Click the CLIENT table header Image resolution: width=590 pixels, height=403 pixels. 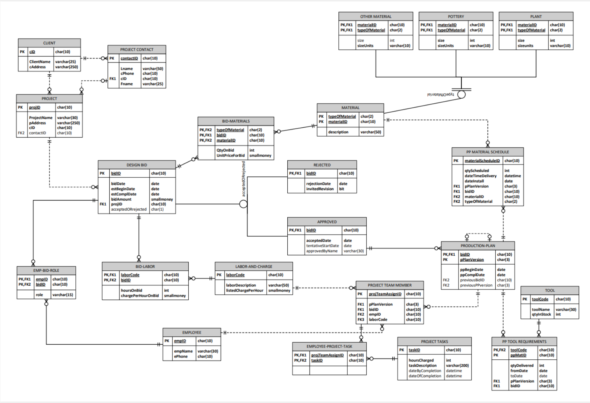click(49, 43)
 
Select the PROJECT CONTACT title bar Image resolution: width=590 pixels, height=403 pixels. click(137, 49)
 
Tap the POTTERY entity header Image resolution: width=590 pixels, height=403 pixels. click(456, 16)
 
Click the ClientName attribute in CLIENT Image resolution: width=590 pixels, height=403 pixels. click(40, 62)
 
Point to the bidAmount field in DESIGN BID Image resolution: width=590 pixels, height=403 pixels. click(121, 199)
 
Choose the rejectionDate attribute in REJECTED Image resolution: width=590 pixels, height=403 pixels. click(318, 184)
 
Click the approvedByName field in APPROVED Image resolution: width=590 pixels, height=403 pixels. click(322, 251)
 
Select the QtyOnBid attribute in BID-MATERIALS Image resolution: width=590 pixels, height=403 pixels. click(225, 150)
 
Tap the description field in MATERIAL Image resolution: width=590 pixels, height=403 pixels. click(338, 132)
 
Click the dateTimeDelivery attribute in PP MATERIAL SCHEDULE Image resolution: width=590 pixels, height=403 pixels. click(480, 176)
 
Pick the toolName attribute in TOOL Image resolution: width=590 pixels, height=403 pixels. click(541, 310)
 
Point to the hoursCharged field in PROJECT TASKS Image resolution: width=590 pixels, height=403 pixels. click(421, 360)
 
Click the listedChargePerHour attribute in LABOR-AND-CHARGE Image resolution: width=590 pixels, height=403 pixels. click(244, 290)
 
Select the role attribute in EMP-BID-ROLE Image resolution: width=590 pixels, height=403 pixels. click(39, 295)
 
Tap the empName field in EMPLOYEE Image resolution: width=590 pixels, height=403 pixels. click(183, 351)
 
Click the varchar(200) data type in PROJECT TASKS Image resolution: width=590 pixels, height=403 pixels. click(457, 365)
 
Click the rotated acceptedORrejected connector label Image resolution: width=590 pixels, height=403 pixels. click(244, 179)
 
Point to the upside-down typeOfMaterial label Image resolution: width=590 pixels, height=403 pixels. click(440, 94)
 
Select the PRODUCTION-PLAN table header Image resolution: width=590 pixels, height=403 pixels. click(478, 246)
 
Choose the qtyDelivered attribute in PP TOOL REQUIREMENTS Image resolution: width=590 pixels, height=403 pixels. click(522, 365)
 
